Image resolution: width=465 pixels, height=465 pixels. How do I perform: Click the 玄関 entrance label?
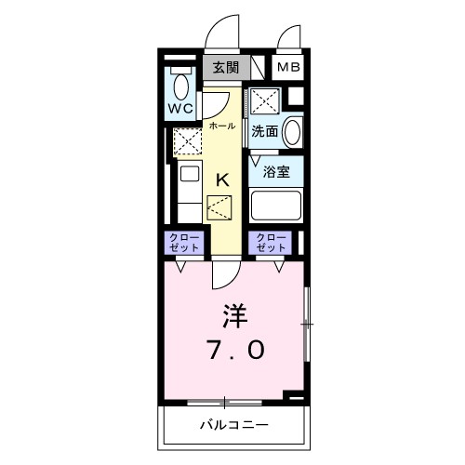tap(224, 68)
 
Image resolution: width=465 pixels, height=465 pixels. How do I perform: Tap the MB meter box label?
tap(287, 68)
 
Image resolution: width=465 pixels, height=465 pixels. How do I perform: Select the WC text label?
tap(180, 109)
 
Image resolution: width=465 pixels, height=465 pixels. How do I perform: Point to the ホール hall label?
tap(221, 125)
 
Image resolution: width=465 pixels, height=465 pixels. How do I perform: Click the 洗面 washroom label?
tap(265, 131)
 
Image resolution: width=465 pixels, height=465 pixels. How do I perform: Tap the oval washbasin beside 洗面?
tap(292, 130)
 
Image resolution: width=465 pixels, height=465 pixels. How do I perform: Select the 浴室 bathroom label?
tap(274, 173)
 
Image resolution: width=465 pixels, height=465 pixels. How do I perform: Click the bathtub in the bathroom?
tap(277, 205)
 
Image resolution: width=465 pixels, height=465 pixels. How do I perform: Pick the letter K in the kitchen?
tap(223, 180)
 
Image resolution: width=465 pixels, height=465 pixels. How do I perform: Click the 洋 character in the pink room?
tap(233, 315)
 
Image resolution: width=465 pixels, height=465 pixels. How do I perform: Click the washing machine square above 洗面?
tap(263, 101)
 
